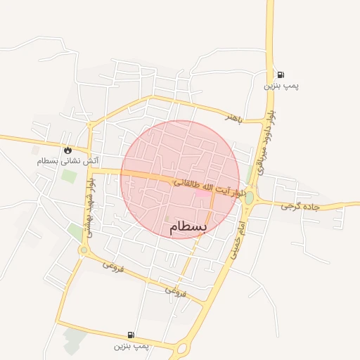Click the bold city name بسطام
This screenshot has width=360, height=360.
(x=188, y=228)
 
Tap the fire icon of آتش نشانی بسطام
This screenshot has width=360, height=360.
(x=67, y=150)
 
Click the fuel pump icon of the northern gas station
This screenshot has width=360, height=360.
(x=281, y=75)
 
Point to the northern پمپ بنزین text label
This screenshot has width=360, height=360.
(x=281, y=86)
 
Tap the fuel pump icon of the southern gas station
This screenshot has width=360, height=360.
(x=131, y=335)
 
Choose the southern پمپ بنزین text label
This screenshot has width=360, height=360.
(x=131, y=347)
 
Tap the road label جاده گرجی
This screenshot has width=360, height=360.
(x=300, y=207)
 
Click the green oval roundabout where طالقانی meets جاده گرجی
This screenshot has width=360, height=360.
(x=249, y=198)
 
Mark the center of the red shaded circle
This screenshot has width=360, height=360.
(x=180, y=180)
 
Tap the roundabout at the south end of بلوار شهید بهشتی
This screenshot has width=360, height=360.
(x=84, y=250)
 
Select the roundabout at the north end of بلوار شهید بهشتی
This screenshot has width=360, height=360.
(x=90, y=125)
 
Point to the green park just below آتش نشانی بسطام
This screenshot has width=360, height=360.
(x=68, y=175)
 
